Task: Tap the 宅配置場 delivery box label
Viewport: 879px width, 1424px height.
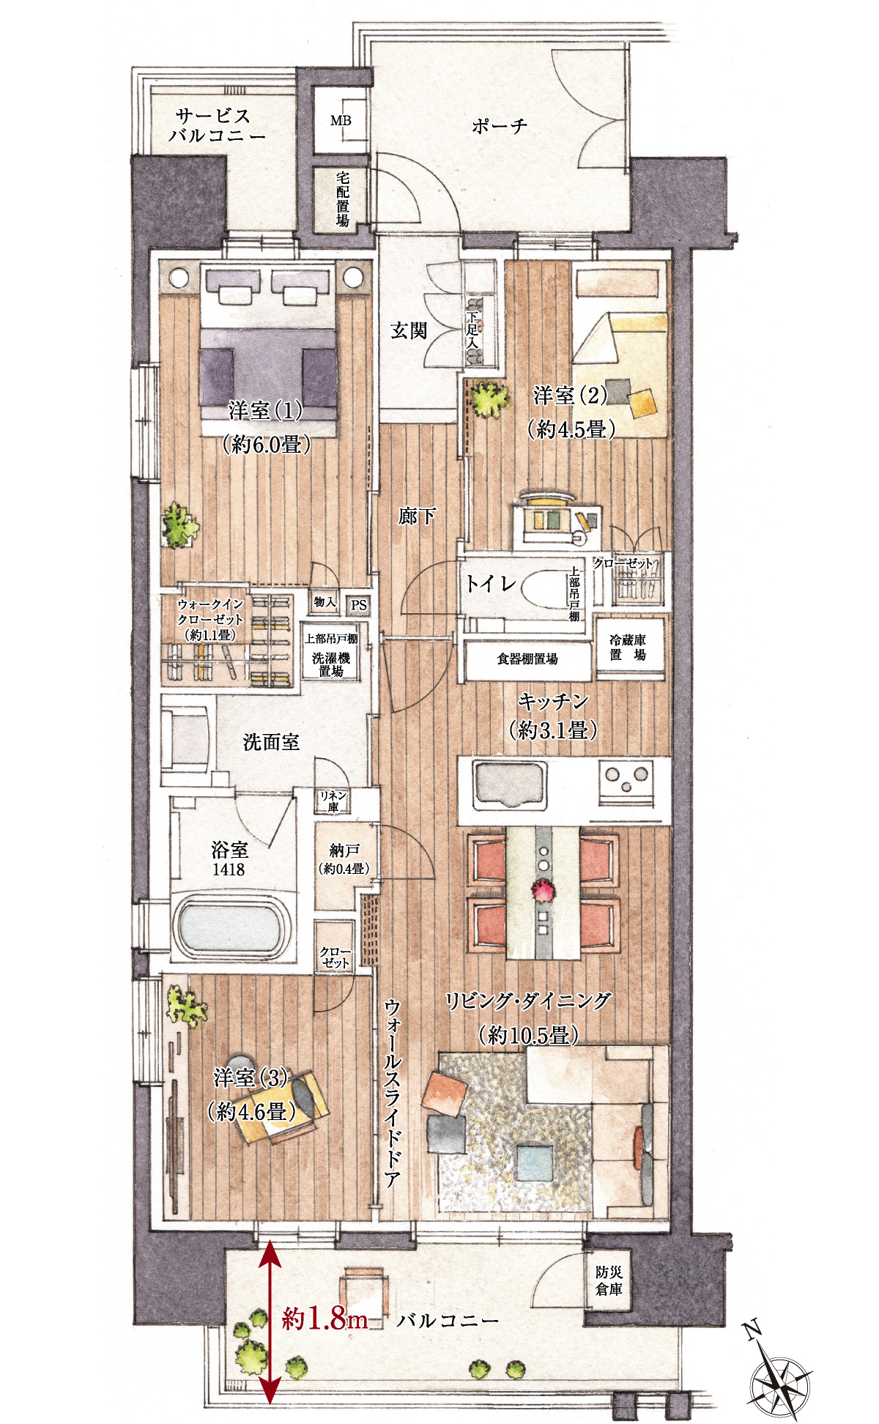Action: click(342, 199)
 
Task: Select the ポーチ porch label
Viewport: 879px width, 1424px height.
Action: click(500, 126)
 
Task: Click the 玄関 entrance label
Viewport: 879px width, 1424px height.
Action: click(408, 331)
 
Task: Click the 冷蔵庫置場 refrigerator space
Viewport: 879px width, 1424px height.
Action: click(629, 648)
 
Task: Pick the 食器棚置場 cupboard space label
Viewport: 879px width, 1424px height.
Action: click(527, 659)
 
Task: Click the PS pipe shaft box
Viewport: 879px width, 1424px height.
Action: click(358, 605)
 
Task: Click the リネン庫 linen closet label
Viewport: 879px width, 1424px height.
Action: click(333, 801)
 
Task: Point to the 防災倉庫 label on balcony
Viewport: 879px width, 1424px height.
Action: click(609, 1280)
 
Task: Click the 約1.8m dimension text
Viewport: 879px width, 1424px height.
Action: click(324, 1319)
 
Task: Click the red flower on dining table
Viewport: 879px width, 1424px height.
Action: click(544, 890)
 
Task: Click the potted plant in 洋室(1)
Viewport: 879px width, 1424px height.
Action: click(179, 524)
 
